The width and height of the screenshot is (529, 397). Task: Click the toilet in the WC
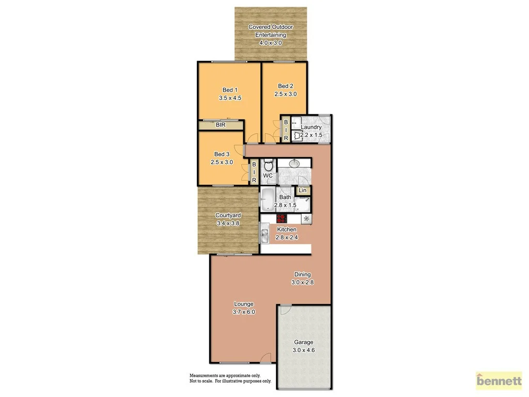tap(268, 166)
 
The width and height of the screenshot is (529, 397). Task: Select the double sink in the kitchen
tap(264, 237)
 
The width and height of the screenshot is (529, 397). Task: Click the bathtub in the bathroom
tap(268, 199)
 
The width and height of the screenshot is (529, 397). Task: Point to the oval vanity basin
tap(294, 164)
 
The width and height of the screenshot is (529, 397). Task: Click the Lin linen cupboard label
tap(302, 191)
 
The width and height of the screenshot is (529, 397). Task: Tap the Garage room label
tap(303, 342)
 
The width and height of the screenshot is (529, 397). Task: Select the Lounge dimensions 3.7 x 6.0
tap(244, 312)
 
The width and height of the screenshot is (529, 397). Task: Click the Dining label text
tap(303, 274)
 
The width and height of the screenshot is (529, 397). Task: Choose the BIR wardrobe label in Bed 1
tap(221, 125)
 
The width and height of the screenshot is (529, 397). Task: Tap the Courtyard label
tap(228, 215)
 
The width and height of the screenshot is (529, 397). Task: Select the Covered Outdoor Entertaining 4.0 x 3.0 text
tap(271, 35)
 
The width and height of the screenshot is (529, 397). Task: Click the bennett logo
tap(499, 381)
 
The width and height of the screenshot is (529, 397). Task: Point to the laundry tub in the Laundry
tap(297, 136)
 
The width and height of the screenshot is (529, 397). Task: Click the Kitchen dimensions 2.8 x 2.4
tap(287, 237)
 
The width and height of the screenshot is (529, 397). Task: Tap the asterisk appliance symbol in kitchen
tap(306, 219)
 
